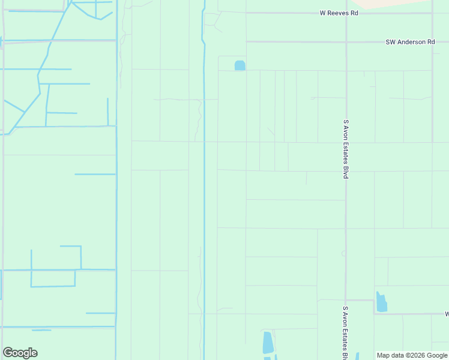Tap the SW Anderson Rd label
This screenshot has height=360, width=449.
coord(410,42)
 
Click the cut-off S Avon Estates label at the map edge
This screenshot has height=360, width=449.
coord(346,333)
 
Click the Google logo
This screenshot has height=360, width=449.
coord(20,353)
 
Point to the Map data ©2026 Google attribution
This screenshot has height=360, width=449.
coord(412,355)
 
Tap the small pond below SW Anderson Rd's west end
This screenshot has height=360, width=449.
coord(240,65)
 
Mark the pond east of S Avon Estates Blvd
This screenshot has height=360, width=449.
coord(381,302)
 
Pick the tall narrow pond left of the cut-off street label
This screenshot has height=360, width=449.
coord(268,343)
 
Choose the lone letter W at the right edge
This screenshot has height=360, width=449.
coord(447,314)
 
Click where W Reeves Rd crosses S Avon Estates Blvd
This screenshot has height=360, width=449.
coord(346,13)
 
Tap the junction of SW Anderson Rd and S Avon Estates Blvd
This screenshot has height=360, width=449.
coord(346,42)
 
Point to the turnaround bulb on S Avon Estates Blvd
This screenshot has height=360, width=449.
coord(343,253)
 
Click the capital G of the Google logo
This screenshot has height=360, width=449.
coord(8,353)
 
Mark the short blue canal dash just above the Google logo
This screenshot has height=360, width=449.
coord(41,330)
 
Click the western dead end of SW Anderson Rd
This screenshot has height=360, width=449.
coord(247,42)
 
